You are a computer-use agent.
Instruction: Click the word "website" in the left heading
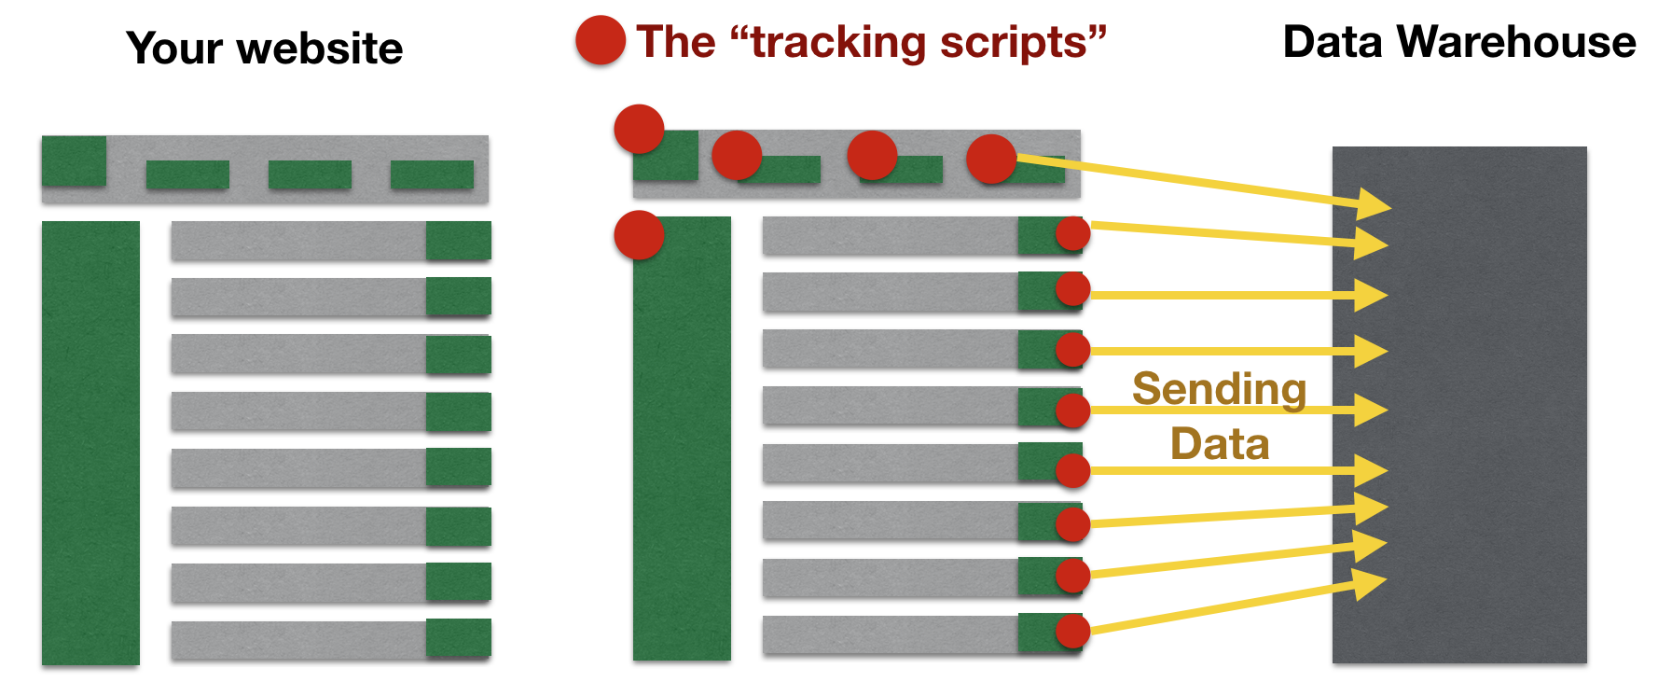pos(321,49)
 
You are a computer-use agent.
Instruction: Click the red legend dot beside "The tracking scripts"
pos(601,41)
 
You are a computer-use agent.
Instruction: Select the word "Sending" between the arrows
pos(1219,390)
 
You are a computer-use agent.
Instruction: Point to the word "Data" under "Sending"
pos(1220,443)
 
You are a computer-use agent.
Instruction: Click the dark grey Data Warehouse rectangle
pos(1459,405)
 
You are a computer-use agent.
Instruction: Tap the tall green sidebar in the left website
pos(90,443)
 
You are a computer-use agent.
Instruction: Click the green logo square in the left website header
pos(74,160)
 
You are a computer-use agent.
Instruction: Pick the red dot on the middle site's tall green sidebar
pos(639,234)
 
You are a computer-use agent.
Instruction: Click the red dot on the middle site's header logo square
pos(639,129)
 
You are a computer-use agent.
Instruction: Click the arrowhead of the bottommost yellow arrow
pos(1371,583)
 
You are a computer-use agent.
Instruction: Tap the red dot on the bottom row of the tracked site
pos(1072,631)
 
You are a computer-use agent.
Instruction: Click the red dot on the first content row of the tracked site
pos(1072,234)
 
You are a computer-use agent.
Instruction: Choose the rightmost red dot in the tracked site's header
pos(991,159)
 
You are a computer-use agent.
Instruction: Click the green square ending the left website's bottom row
pos(459,638)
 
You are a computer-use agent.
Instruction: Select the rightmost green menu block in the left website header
pos(432,174)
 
